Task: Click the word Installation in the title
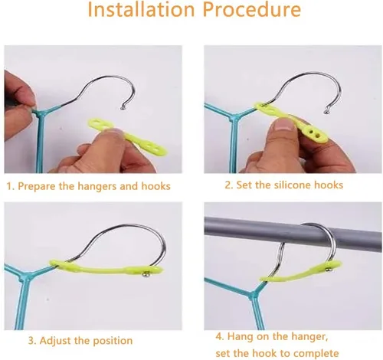coord(141,9)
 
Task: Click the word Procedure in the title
coord(252,9)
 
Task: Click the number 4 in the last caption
coord(219,336)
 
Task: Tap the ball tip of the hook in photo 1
coord(123,108)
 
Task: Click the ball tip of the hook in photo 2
coord(326,111)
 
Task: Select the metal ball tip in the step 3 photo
coord(146,274)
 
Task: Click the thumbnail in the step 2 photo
coord(284,125)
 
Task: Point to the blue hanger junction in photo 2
coord(234,118)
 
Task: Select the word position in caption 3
coord(113,341)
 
